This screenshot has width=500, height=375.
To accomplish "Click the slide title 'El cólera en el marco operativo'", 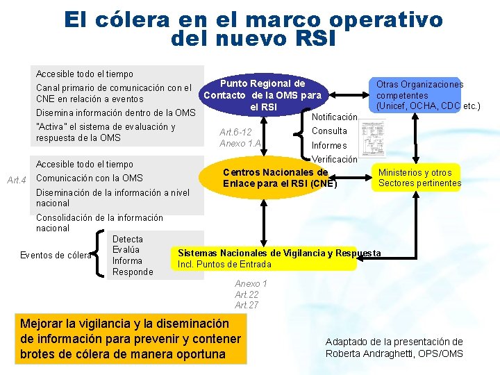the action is click(253, 19).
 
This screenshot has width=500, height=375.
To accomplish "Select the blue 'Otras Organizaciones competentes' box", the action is click(417, 95).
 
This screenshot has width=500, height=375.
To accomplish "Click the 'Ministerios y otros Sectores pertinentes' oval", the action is click(419, 178).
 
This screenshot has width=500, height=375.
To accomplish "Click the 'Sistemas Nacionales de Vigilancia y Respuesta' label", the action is click(279, 253).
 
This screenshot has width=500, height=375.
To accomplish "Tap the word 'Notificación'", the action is click(334, 117).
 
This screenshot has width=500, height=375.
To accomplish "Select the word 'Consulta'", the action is click(329, 131).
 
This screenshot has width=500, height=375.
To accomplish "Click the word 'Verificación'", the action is click(334, 160).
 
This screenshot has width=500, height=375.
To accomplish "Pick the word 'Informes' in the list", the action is click(329, 146).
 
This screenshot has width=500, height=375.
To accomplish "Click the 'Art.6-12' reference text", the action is click(235, 132).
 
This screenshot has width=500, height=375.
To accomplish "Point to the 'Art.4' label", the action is click(15, 181).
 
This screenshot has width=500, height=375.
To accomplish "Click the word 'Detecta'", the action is click(128, 240).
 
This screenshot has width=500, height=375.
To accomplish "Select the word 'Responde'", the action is click(133, 272).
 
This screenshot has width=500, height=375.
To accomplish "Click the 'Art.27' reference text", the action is click(247, 306).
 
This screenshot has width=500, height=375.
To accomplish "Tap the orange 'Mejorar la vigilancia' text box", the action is click(131, 339).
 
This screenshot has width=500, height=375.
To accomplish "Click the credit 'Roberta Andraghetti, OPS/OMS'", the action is click(394, 353).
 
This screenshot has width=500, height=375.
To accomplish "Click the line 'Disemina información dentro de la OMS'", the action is click(116, 113).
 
